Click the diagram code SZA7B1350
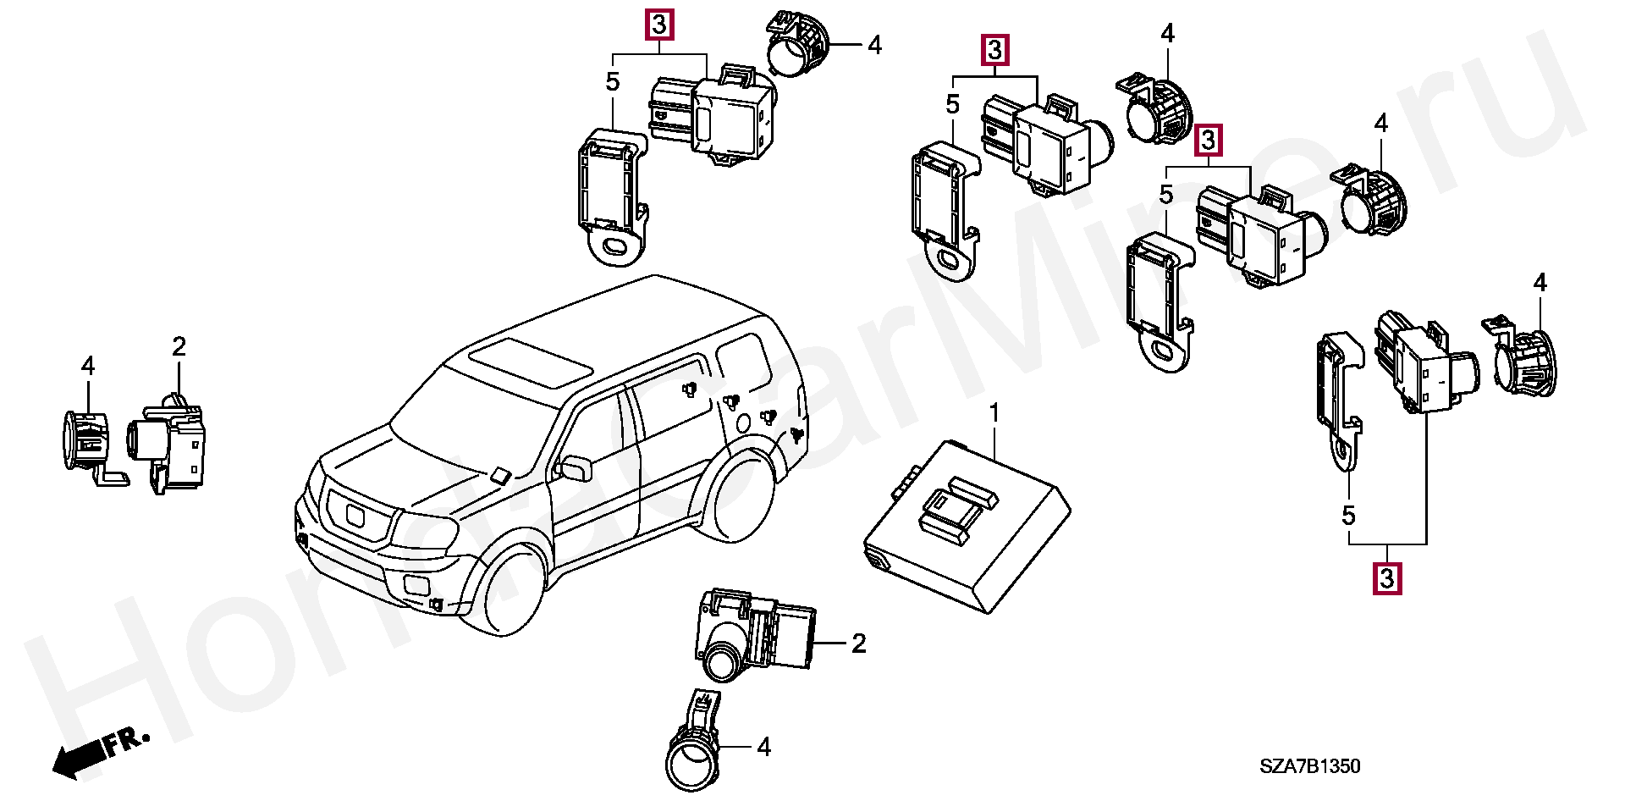pyautogui.click(x=1309, y=766)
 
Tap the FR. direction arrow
pyautogui.click(x=100, y=751)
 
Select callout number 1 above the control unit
pyautogui.click(x=994, y=414)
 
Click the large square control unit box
pyautogui.click(x=967, y=525)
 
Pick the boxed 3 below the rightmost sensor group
pyautogui.click(x=1386, y=579)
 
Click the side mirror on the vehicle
pyautogui.click(x=576, y=467)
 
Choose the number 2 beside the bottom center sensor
pyautogui.click(x=859, y=644)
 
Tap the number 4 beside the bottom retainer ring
pyautogui.click(x=764, y=747)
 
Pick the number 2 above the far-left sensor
pyautogui.click(x=179, y=346)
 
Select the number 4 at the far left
pyautogui.click(x=88, y=366)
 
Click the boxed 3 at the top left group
pyautogui.click(x=659, y=25)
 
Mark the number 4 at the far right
pyautogui.click(x=1540, y=282)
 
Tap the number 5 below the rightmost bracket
pyautogui.click(x=1348, y=515)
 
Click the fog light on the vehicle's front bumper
pyautogui.click(x=417, y=583)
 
